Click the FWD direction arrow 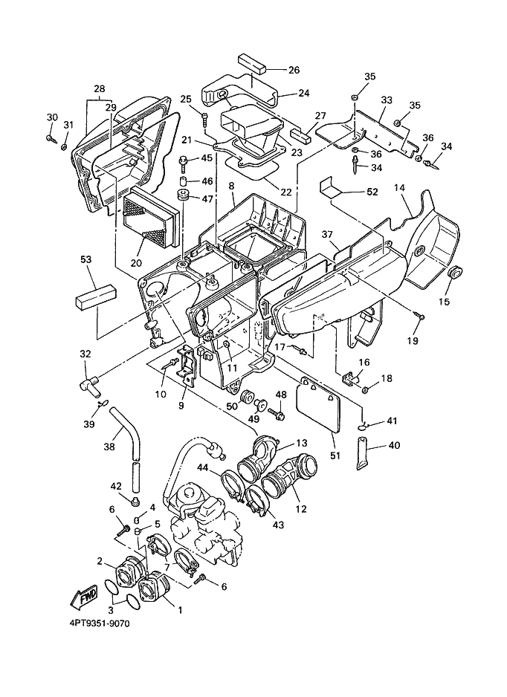83,595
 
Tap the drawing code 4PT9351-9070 100,623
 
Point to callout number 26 294,70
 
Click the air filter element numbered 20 151,218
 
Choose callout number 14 399,188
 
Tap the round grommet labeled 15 456,273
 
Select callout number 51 335,456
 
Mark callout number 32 85,354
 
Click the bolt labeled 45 183,163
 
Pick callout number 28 99,88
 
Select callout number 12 301,509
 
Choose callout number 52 372,192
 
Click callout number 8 232,187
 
